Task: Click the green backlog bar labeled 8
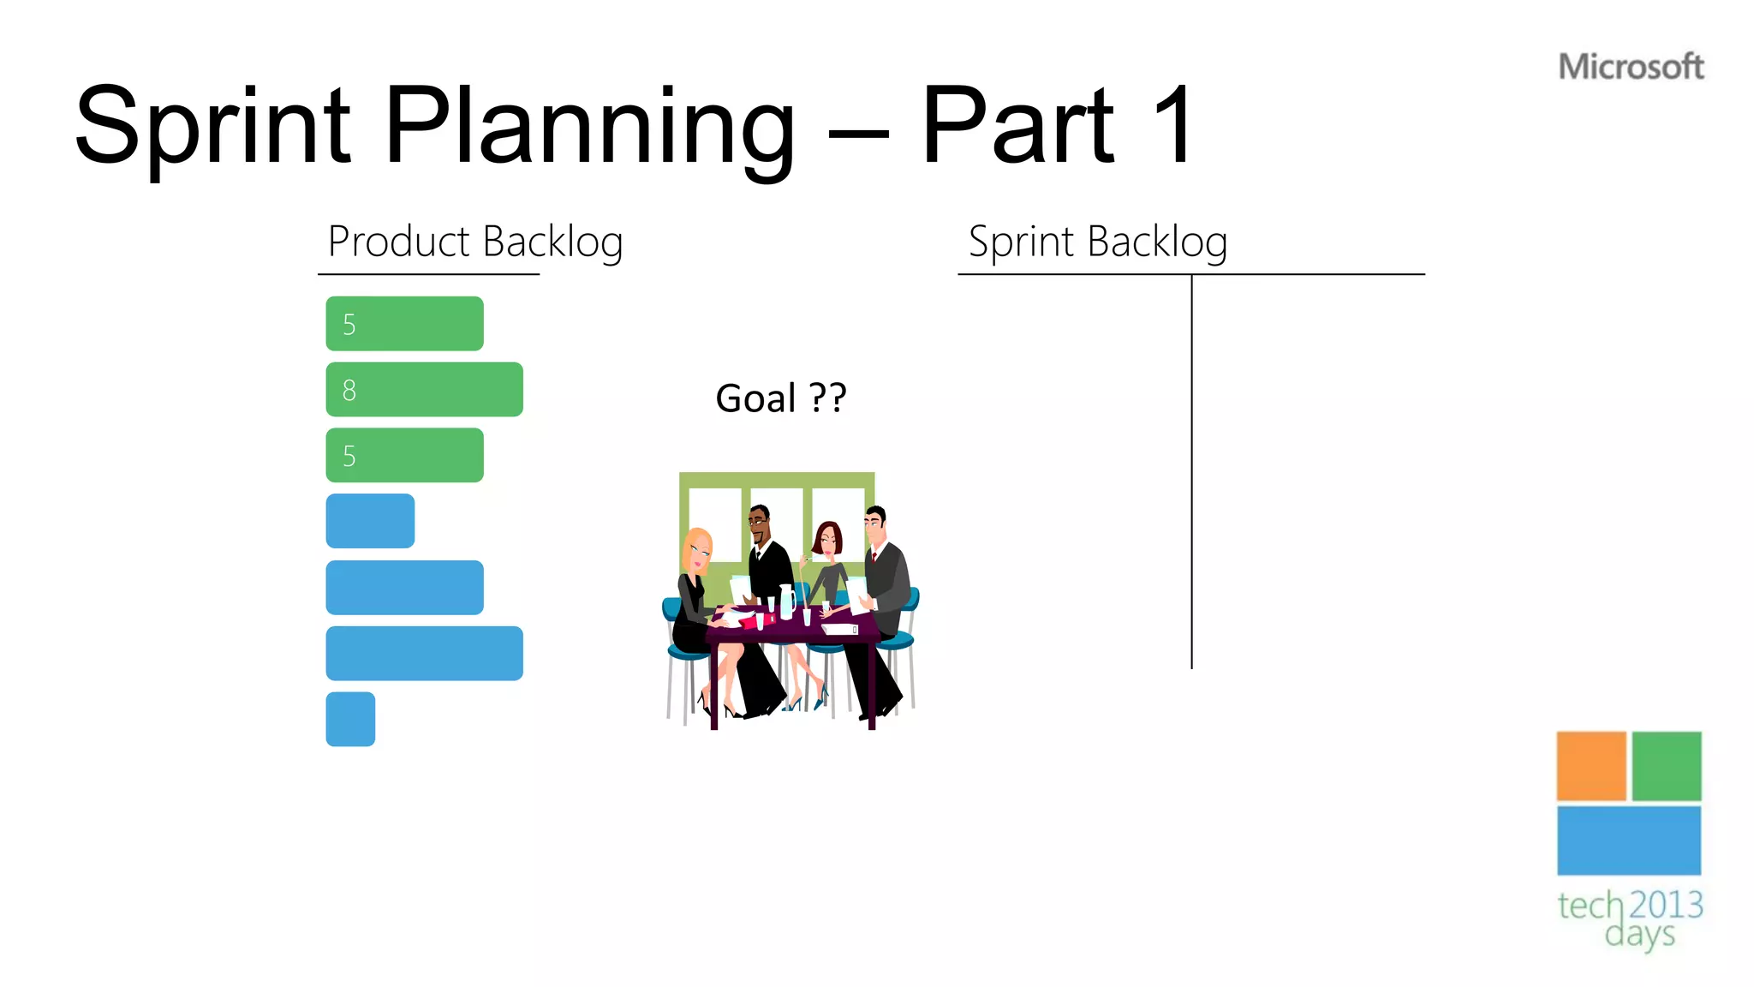pyautogui.click(x=424, y=390)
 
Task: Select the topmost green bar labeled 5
pyautogui.click(x=404, y=324)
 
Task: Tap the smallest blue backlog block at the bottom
pyautogui.click(x=350, y=719)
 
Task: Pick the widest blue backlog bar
pyautogui.click(x=424, y=654)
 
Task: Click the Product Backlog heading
pyautogui.click(x=475, y=242)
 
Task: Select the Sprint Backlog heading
pyautogui.click(x=1097, y=242)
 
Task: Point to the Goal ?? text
pyautogui.click(x=780, y=398)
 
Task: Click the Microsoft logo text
pyautogui.click(x=1631, y=67)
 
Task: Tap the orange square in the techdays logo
pyautogui.click(x=1590, y=766)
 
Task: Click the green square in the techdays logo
pyautogui.click(x=1666, y=766)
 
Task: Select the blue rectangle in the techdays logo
pyautogui.click(x=1628, y=840)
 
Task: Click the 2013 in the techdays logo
pyautogui.click(x=1665, y=905)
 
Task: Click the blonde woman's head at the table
pyautogui.click(x=698, y=548)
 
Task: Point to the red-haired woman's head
pyautogui.click(x=828, y=538)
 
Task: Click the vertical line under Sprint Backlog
pyautogui.click(x=1191, y=471)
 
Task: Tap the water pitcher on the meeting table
pyautogui.click(x=786, y=601)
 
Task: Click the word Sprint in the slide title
pyautogui.click(x=212, y=127)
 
